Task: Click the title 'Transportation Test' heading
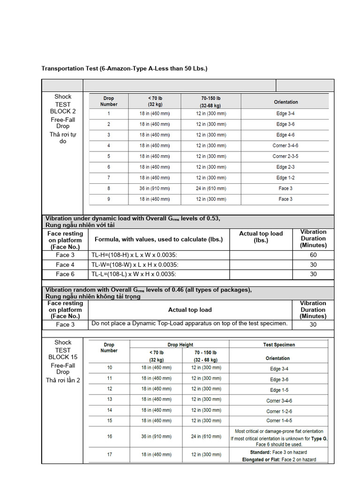[124, 68]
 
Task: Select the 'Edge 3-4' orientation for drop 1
[285, 113]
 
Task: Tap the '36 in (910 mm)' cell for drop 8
[154, 188]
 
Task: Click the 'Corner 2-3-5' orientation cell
[285, 156]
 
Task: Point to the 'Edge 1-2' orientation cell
[285, 178]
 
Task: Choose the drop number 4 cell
[109, 145]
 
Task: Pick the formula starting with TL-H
[135, 255]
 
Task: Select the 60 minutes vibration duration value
[313, 255]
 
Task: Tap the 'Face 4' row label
[65, 264]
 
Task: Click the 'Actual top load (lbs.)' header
[261, 237]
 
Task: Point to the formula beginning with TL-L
[134, 274]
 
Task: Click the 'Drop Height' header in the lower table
[180, 345]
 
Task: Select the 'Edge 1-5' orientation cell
[279, 390]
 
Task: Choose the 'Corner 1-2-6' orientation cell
[279, 411]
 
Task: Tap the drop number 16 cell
[110, 436]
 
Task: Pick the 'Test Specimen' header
[279, 345]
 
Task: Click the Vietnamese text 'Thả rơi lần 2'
[63, 380]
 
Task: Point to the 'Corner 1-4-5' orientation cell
[279, 420]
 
